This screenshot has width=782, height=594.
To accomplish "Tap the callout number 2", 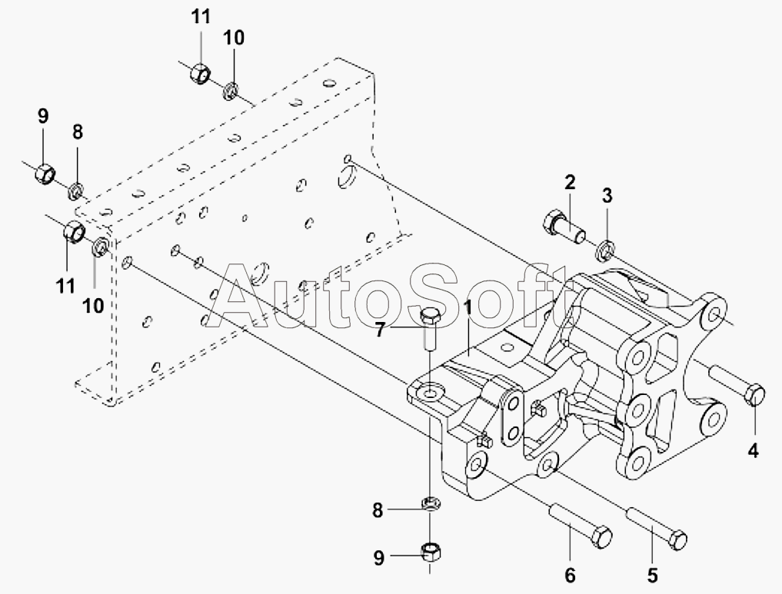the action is click(570, 182).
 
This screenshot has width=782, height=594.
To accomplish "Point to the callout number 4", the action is click(753, 450).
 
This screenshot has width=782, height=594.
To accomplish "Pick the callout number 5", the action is click(652, 575).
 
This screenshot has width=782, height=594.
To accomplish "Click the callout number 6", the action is click(570, 575).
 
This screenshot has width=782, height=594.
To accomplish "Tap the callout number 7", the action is click(380, 330).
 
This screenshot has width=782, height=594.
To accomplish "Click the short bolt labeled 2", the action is click(563, 226).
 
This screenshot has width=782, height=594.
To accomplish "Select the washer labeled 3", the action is click(605, 250).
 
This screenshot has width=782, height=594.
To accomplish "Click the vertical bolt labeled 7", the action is click(429, 330).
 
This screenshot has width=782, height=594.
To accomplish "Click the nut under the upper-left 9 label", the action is click(45, 173).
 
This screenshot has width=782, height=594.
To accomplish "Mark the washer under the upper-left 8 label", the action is click(76, 190).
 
